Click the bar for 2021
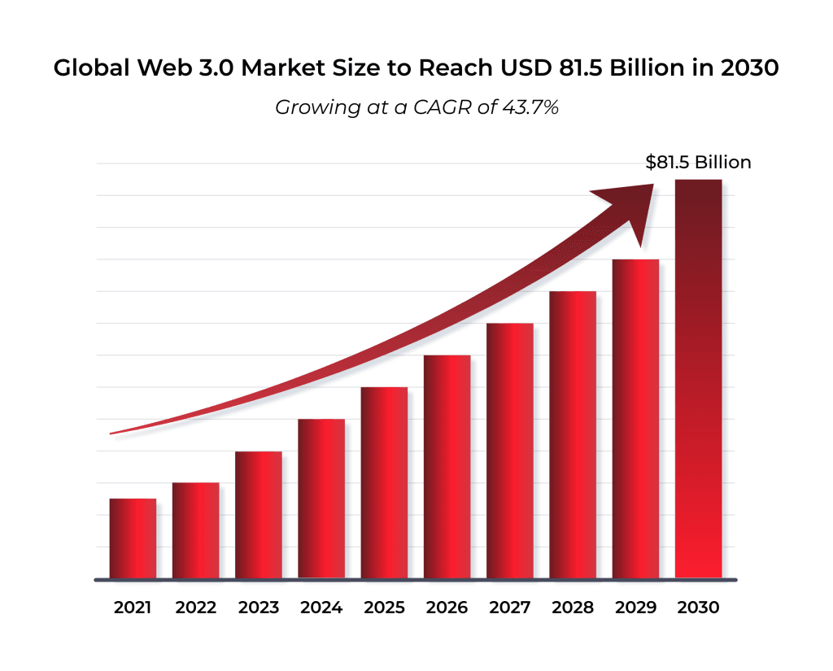(133, 538)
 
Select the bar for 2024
(321, 499)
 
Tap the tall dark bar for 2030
(699, 379)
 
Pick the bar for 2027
(510, 451)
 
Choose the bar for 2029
(635, 419)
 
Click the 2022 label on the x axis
(195, 608)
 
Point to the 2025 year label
(384, 608)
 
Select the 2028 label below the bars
(573, 608)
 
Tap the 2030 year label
(699, 608)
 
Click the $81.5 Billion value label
(698, 162)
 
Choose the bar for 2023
(259, 515)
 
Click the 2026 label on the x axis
(447, 608)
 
